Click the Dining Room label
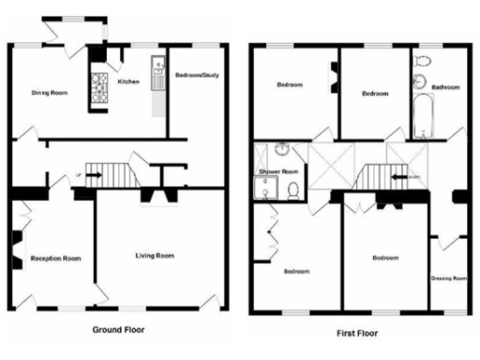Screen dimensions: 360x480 click(x=51, y=92)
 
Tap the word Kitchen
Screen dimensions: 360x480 click(x=127, y=82)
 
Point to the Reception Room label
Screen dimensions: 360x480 click(x=55, y=258)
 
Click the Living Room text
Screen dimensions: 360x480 click(x=155, y=255)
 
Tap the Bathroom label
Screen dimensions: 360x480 click(x=445, y=87)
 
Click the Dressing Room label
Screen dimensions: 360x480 click(x=448, y=278)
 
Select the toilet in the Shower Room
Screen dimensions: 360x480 click(x=293, y=190)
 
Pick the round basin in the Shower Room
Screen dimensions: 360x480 click(x=278, y=150)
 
